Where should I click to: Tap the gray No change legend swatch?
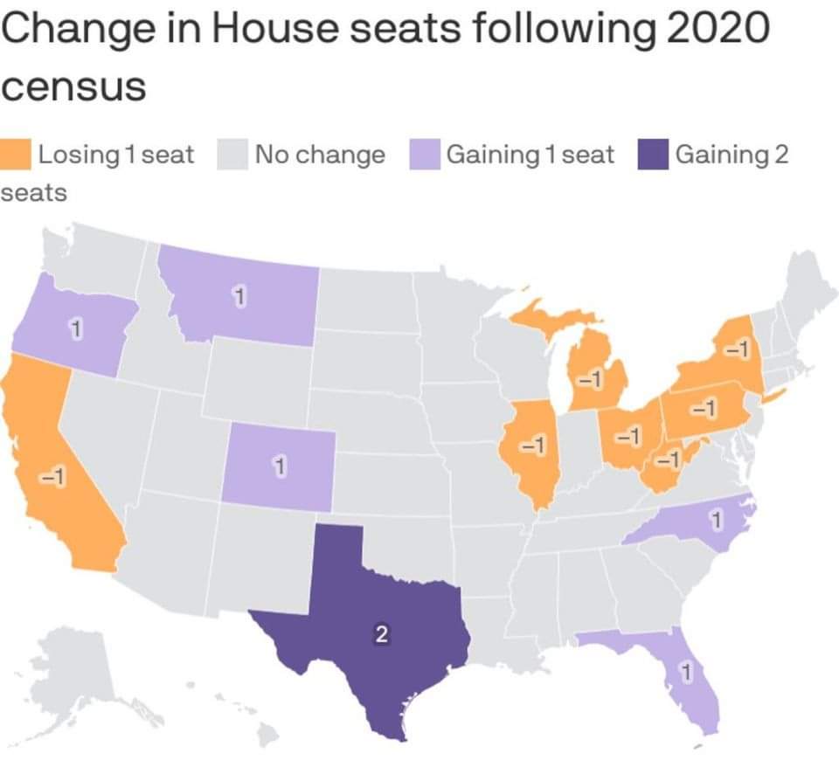(232, 154)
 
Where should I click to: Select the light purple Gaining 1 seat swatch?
(423, 154)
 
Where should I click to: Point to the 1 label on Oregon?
(76, 330)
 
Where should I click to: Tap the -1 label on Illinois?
(530, 445)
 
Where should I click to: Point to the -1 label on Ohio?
(627, 433)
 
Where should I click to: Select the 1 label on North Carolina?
(715, 522)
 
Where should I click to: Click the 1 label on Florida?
(686, 674)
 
